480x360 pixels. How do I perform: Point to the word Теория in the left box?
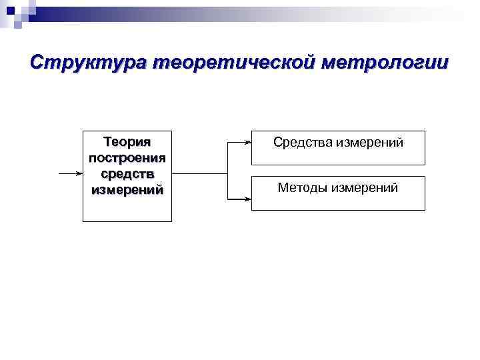[x=127, y=142]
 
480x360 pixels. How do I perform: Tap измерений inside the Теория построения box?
[x=127, y=189]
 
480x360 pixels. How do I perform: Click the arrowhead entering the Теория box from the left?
[x=79, y=173]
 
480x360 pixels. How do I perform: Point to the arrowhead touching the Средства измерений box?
[x=247, y=142]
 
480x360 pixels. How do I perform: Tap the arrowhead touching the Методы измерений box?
[x=247, y=198]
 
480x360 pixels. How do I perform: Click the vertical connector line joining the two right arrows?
[x=227, y=170]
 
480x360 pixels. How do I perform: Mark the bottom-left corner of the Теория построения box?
[x=83, y=221]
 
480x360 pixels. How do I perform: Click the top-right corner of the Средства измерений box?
[x=425, y=131]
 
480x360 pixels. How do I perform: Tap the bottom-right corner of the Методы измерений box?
[x=425, y=210]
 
